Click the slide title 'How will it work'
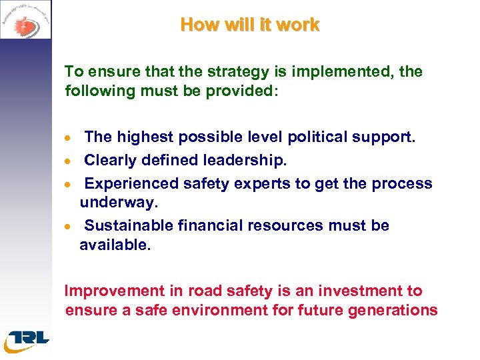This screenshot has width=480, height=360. coord(250,25)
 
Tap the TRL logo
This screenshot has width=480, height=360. coord(27,339)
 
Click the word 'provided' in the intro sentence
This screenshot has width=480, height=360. coord(236,90)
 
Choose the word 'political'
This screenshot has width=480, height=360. coord(319,137)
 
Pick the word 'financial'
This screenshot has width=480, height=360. coord(211,225)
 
